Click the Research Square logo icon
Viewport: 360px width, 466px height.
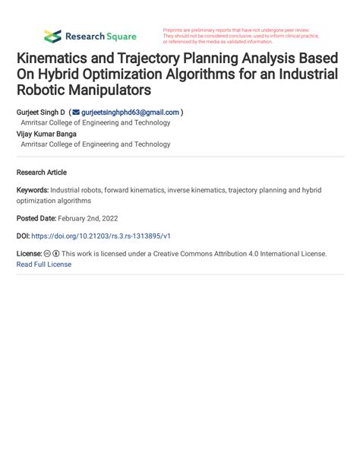[x=52, y=36]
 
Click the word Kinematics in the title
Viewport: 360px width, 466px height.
[x=60, y=59]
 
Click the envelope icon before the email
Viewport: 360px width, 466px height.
[x=75, y=113]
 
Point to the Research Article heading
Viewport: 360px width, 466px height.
[x=42, y=173]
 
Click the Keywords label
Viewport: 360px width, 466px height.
[x=33, y=190]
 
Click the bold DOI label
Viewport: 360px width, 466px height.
[x=23, y=236]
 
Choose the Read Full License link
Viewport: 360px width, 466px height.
[x=43, y=265]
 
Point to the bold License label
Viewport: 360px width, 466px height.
[x=29, y=254]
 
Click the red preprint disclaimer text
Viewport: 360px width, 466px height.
[x=239, y=36]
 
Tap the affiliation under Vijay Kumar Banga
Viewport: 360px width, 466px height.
[x=96, y=144]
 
